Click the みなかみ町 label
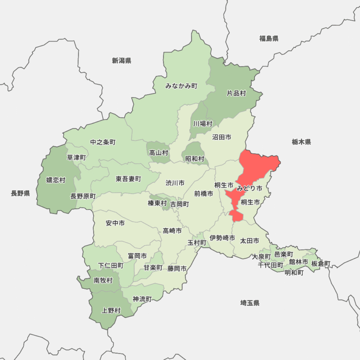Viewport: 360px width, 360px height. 181,86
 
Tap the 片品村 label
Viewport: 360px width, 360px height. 236,93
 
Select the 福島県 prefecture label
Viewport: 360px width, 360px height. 269,38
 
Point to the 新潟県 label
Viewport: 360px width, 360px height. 121,60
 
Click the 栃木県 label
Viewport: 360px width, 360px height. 301,142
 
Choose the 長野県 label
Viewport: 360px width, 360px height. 20,193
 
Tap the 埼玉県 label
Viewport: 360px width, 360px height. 250,303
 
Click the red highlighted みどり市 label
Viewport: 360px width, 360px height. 249,188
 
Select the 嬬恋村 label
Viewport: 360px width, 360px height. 56,180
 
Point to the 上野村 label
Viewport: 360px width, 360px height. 111,310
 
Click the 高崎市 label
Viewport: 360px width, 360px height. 172,230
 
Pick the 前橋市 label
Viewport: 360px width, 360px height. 203,193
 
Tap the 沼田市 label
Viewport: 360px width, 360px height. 221,137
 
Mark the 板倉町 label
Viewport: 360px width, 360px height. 321,263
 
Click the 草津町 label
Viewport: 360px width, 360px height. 76,157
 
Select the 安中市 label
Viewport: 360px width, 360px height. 115,223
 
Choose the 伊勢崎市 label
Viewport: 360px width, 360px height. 222,238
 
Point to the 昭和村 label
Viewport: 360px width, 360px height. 195,159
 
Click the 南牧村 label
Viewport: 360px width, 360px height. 103,280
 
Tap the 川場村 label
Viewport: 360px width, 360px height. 202,124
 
